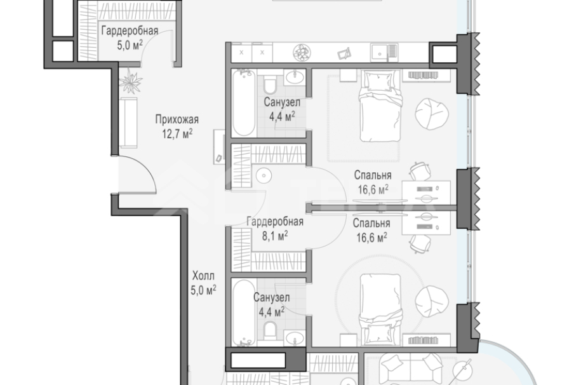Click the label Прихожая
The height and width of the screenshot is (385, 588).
click(x=177, y=119)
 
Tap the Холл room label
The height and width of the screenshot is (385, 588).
click(x=203, y=276)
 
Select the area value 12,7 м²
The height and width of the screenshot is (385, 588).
click(x=177, y=133)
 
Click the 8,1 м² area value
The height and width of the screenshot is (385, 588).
click(x=275, y=236)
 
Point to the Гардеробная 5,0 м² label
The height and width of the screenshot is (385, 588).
click(x=130, y=37)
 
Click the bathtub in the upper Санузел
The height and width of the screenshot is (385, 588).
click(x=243, y=103)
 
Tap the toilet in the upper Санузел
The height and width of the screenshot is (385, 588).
click(x=270, y=84)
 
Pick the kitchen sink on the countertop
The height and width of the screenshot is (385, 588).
click(x=384, y=52)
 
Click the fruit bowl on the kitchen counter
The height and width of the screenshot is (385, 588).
click(x=302, y=52)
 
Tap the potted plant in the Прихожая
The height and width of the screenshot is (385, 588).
click(x=131, y=80)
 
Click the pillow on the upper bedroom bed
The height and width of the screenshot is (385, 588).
click(x=378, y=81)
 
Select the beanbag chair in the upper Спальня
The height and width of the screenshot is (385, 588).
click(x=432, y=114)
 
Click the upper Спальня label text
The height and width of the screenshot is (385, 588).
click(x=373, y=175)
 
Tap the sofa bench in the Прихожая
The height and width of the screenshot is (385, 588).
click(x=129, y=123)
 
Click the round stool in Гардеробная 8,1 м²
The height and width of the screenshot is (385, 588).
click(x=264, y=175)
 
